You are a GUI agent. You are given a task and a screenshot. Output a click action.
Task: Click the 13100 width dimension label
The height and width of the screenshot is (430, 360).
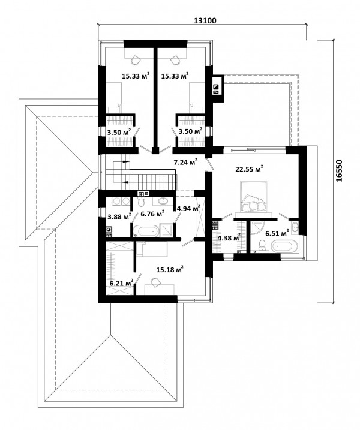pyautogui.click(x=205, y=20)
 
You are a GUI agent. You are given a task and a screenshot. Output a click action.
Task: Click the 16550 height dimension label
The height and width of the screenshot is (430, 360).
pyautogui.click(x=339, y=170)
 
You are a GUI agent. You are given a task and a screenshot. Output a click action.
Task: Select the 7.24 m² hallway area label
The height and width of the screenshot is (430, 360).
pyautogui.click(x=186, y=162)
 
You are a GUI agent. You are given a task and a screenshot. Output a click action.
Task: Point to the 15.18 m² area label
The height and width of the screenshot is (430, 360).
pyautogui.click(x=170, y=269)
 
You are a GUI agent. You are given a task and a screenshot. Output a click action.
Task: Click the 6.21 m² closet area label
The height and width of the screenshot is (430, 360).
pyautogui.click(x=121, y=282)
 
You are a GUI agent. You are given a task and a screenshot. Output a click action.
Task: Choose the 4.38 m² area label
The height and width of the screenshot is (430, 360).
pyautogui.click(x=229, y=237)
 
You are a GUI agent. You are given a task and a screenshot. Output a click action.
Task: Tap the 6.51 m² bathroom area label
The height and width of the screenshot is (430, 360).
pyautogui.click(x=277, y=233)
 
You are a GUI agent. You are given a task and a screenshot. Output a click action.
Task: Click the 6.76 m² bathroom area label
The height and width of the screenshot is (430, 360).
pyautogui.click(x=152, y=214)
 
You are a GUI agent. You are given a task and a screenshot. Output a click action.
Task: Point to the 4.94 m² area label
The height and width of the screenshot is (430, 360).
pyautogui.click(x=188, y=209)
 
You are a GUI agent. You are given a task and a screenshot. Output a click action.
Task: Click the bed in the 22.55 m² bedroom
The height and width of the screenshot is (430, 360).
pyautogui.click(x=254, y=196)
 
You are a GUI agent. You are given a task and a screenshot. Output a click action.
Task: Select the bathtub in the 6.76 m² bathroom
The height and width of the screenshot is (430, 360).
pyautogui.click(x=146, y=231)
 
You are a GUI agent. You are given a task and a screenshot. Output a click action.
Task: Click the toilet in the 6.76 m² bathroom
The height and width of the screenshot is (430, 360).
pyautogui.click(x=142, y=202)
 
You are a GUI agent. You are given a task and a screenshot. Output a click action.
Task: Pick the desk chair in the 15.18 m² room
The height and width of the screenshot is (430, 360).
pyautogui.click(x=155, y=282)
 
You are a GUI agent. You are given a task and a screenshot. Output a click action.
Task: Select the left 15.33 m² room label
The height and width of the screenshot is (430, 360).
pyautogui.click(x=136, y=76)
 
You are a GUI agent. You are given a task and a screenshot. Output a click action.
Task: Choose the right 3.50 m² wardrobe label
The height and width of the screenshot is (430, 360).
pyautogui.click(x=190, y=131)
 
